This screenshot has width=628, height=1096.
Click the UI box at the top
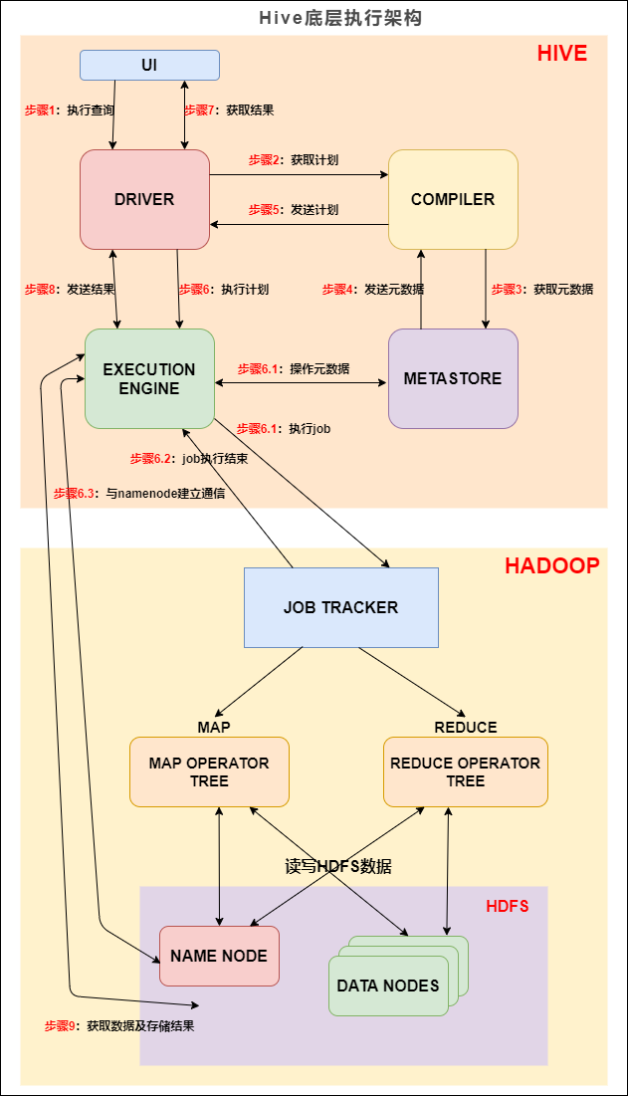149,66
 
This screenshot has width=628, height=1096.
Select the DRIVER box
144,199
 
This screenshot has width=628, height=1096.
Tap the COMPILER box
453,199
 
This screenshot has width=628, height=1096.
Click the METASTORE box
453,378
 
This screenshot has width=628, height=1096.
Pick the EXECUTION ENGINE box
149,378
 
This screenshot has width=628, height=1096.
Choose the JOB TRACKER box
340,607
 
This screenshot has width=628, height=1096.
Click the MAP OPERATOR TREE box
209,771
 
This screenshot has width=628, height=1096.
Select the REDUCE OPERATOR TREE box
465,771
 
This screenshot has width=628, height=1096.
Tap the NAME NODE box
219,956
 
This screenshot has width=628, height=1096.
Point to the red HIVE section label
562,54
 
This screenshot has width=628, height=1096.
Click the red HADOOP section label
551,566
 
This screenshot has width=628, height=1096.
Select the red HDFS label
507,906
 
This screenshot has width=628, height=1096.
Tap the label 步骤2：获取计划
294,160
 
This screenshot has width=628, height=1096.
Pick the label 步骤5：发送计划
294,210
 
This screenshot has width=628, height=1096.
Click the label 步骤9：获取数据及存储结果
119,1025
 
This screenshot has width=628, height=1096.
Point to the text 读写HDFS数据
338,866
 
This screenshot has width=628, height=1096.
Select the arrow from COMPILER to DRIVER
299,224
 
